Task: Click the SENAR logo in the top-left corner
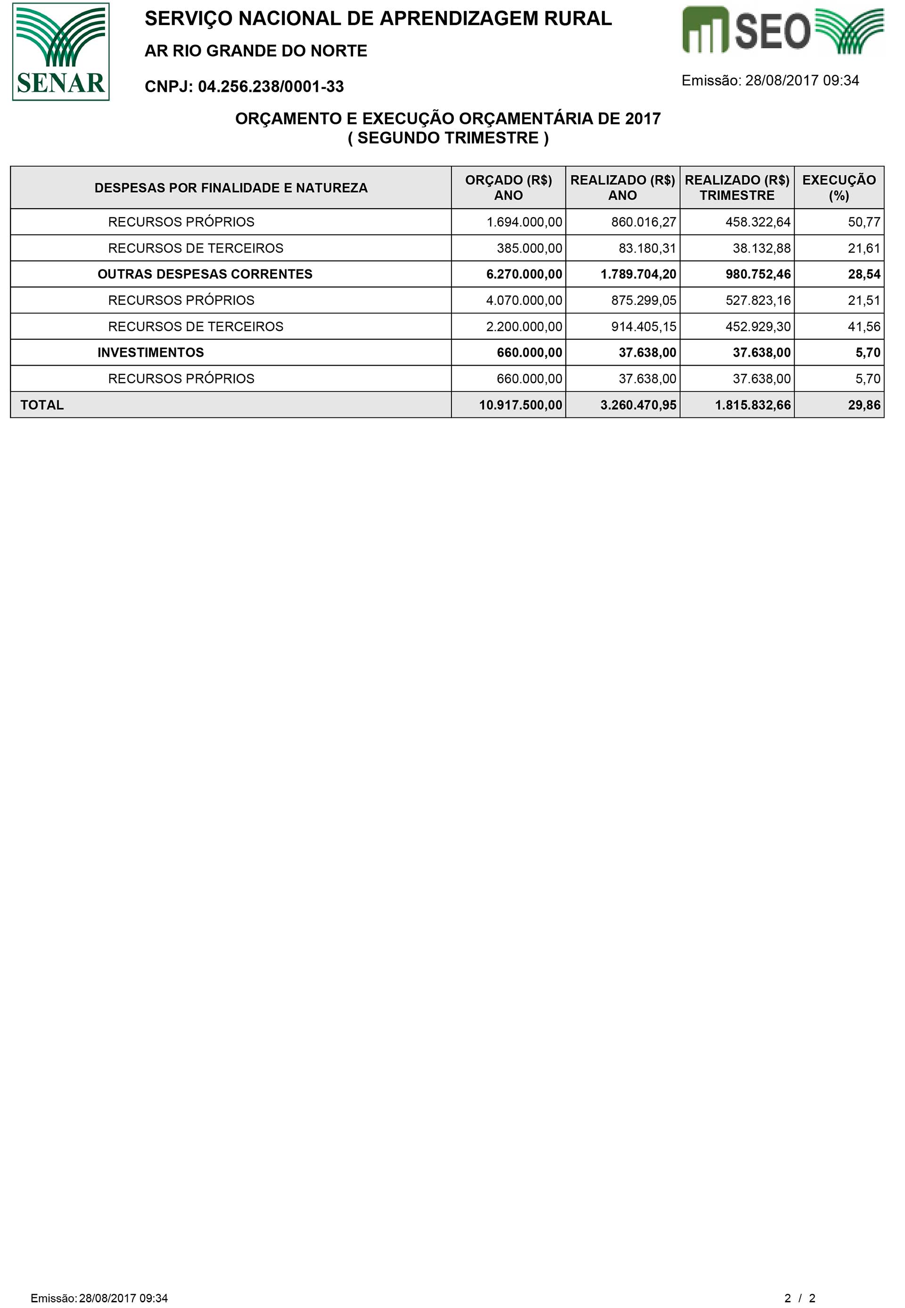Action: [61, 51]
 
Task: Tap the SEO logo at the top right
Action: [782, 31]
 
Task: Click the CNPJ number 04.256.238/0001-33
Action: [271, 87]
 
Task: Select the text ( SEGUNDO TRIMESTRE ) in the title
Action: [448, 138]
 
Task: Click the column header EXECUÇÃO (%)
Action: [839, 188]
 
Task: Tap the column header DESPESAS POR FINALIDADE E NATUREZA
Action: [231, 188]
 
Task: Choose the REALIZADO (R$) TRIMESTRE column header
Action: [737, 188]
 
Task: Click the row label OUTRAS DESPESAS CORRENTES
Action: [205, 274]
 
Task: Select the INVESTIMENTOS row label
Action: [150, 352]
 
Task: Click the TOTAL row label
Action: [42, 405]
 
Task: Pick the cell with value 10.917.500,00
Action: [520, 405]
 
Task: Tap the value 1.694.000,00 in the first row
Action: [524, 222]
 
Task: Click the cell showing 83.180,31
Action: [647, 248]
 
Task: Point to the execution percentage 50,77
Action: [864, 222]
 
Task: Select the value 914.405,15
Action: [643, 327]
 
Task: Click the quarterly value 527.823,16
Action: [757, 300]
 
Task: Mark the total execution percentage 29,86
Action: [864, 405]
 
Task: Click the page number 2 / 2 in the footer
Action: [799, 1298]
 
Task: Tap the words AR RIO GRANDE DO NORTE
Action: [256, 51]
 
